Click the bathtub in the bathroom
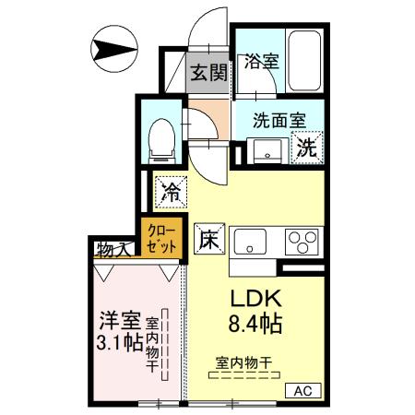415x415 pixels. point(305,60)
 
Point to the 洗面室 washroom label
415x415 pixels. point(279,118)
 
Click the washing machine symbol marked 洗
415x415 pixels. point(307,146)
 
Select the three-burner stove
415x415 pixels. point(302,242)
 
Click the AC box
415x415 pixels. point(302,391)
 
